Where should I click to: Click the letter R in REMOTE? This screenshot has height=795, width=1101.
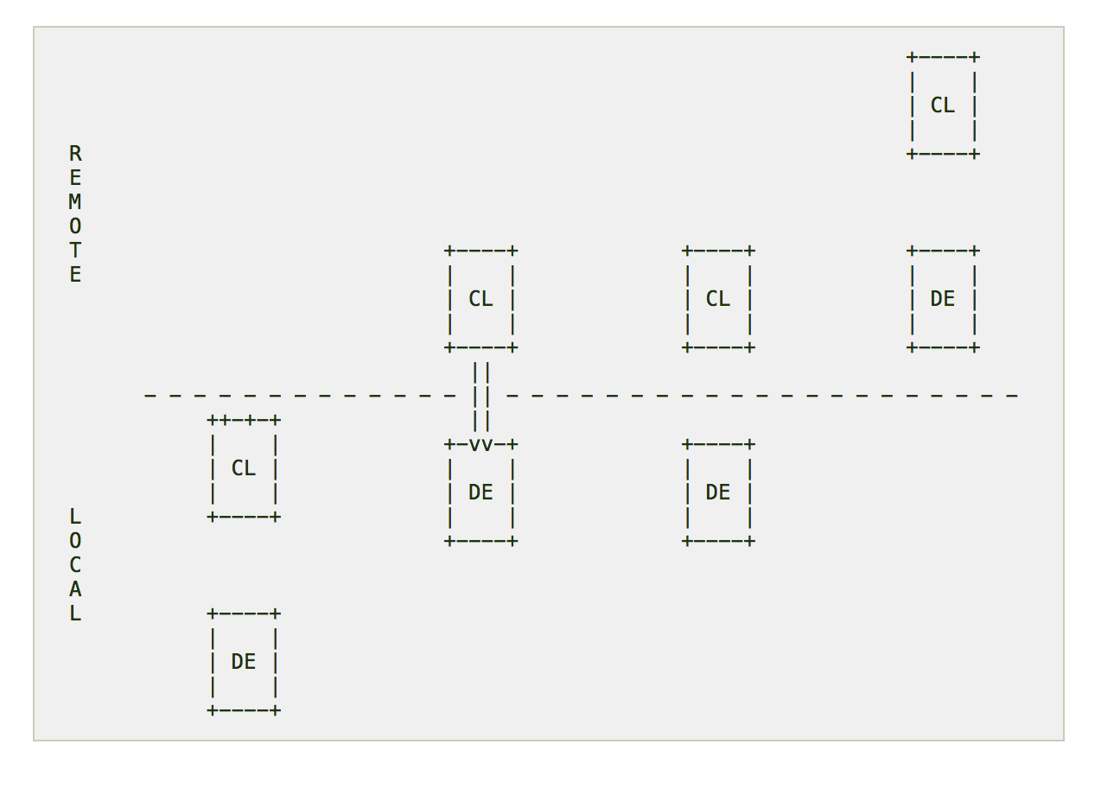click(75, 154)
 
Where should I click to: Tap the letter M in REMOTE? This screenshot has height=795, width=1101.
click(75, 202)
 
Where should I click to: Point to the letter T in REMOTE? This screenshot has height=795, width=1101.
click(75, 251)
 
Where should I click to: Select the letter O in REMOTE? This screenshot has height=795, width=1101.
click(75, 226)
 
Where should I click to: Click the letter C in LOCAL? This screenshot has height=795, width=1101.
click(75, 565)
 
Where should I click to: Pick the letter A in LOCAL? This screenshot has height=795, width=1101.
click(75, 589)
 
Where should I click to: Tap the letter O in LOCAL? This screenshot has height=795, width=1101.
click(75, 541)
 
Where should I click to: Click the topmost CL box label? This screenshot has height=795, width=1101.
click(942, 105)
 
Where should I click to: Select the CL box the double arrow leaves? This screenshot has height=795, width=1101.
click(480, 299)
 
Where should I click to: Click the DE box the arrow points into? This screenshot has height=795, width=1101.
click(480, 493)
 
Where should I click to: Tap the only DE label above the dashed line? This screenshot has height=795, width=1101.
click(942, 299)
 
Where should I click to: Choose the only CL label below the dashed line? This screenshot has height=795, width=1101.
click(244, 468)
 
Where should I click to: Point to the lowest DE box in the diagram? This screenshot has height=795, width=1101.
click(244, 662)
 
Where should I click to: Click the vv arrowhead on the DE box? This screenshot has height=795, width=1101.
click(481, 445)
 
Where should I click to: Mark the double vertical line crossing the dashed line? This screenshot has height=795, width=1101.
click(481, 396)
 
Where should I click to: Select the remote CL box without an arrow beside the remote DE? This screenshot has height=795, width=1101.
click(717, 299)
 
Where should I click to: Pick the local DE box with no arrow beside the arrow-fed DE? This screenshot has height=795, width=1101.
click(717, 493)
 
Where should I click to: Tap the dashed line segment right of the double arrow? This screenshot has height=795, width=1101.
click(761, 396)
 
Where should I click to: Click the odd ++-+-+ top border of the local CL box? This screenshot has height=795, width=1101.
click(244, 421)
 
